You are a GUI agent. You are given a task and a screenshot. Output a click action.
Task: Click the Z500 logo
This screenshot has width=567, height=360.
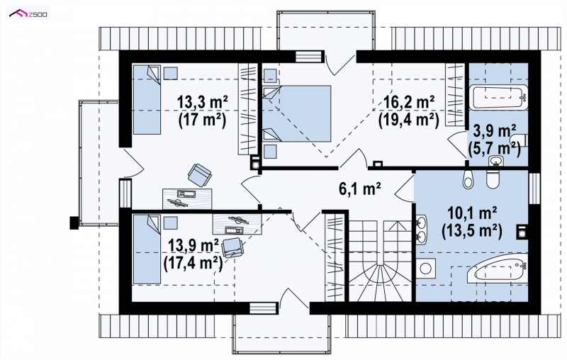[28, 14]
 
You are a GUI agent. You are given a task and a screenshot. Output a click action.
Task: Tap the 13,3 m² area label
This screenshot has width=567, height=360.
[202, 102]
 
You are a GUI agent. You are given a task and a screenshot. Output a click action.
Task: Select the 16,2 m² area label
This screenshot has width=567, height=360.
[409, 102]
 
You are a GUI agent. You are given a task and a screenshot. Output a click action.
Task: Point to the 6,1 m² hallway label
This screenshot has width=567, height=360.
[360, 189]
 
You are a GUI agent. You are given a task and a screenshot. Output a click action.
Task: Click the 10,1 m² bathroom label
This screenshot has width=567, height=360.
[472, 213]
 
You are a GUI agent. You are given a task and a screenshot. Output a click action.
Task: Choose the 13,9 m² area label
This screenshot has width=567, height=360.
[193, 246]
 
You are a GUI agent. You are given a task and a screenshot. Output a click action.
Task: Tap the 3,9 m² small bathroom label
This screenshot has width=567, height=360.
[494, 132]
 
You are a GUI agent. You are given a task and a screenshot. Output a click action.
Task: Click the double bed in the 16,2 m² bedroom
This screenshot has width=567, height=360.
[296, 113]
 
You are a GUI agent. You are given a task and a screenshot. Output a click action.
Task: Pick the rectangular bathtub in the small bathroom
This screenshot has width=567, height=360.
[499, 97]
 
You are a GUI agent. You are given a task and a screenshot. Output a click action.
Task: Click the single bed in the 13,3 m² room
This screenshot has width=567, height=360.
[147, 100]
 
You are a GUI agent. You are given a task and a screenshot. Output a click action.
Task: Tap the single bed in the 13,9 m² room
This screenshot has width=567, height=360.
[147, 249]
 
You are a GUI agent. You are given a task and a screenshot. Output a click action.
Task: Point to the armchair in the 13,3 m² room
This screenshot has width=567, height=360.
[200, 174]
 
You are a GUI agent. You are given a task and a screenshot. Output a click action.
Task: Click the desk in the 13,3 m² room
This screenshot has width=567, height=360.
[187, 198]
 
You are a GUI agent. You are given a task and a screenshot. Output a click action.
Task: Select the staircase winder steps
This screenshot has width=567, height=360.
[380, 283]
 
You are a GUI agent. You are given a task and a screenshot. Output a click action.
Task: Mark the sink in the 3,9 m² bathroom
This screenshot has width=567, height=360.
[495, 161]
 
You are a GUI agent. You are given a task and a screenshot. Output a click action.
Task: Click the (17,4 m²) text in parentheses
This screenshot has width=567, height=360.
[193, 263]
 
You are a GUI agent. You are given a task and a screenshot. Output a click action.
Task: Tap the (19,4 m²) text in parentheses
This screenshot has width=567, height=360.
[409, 119]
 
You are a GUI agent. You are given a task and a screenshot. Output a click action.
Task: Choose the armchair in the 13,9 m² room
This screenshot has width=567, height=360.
[232, 247]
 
